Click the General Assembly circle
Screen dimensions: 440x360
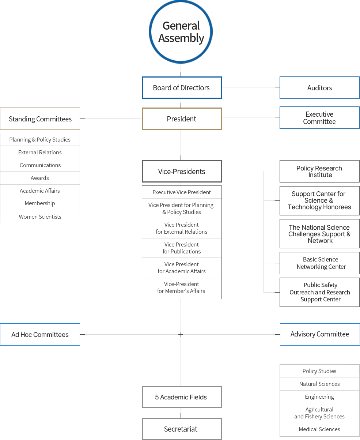[181, 32]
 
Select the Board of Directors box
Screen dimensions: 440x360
[182, 88]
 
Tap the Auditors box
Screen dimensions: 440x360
[319, 88]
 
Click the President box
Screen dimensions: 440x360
[182, 119]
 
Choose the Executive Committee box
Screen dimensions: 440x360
[319, 118]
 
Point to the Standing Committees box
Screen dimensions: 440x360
[40, 119]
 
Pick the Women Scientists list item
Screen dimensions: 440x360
[40, 217]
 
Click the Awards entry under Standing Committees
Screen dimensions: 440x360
[40, 178]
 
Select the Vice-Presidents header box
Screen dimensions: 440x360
[182, 172]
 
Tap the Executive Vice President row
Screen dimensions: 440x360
[182, 192]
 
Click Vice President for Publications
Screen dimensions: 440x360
[182, 248]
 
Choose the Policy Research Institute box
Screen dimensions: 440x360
[319, 172]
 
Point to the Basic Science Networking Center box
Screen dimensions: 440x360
[319, 263]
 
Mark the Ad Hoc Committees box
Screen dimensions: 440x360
[40, 335]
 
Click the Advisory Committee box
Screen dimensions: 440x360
[320, 334]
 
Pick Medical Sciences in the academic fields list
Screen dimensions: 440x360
[319, 429]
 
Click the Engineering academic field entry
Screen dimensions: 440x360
[319, 397]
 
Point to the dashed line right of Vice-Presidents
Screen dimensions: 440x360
[243, 171]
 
